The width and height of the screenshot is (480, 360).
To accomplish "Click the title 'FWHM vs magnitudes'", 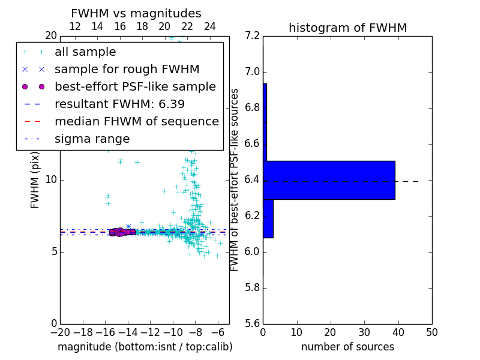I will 136,14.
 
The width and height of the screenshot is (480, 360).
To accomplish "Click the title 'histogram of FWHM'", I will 347,28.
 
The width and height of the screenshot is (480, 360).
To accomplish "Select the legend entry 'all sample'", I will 85,52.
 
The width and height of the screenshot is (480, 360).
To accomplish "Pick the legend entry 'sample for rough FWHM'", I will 127,70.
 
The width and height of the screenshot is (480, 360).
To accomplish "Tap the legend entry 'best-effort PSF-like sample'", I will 135,87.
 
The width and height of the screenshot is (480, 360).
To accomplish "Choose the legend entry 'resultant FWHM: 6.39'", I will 119,104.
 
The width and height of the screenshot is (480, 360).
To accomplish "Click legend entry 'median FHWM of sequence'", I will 136,122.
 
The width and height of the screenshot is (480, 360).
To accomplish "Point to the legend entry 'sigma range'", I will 92,139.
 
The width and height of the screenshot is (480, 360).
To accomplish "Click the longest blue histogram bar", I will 329,180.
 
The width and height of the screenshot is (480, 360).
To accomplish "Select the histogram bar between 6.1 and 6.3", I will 268,218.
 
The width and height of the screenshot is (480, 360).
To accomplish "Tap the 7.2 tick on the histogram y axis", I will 253,36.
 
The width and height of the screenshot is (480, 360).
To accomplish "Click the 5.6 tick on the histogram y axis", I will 253,323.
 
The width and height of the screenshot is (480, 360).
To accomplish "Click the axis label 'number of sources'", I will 347,347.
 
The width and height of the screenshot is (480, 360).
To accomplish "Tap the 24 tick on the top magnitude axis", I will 210,27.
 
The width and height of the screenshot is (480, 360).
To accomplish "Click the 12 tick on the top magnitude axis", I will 75,27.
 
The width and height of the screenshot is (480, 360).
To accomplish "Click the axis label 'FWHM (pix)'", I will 35,180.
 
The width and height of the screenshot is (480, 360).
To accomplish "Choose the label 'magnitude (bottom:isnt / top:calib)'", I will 145,347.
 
